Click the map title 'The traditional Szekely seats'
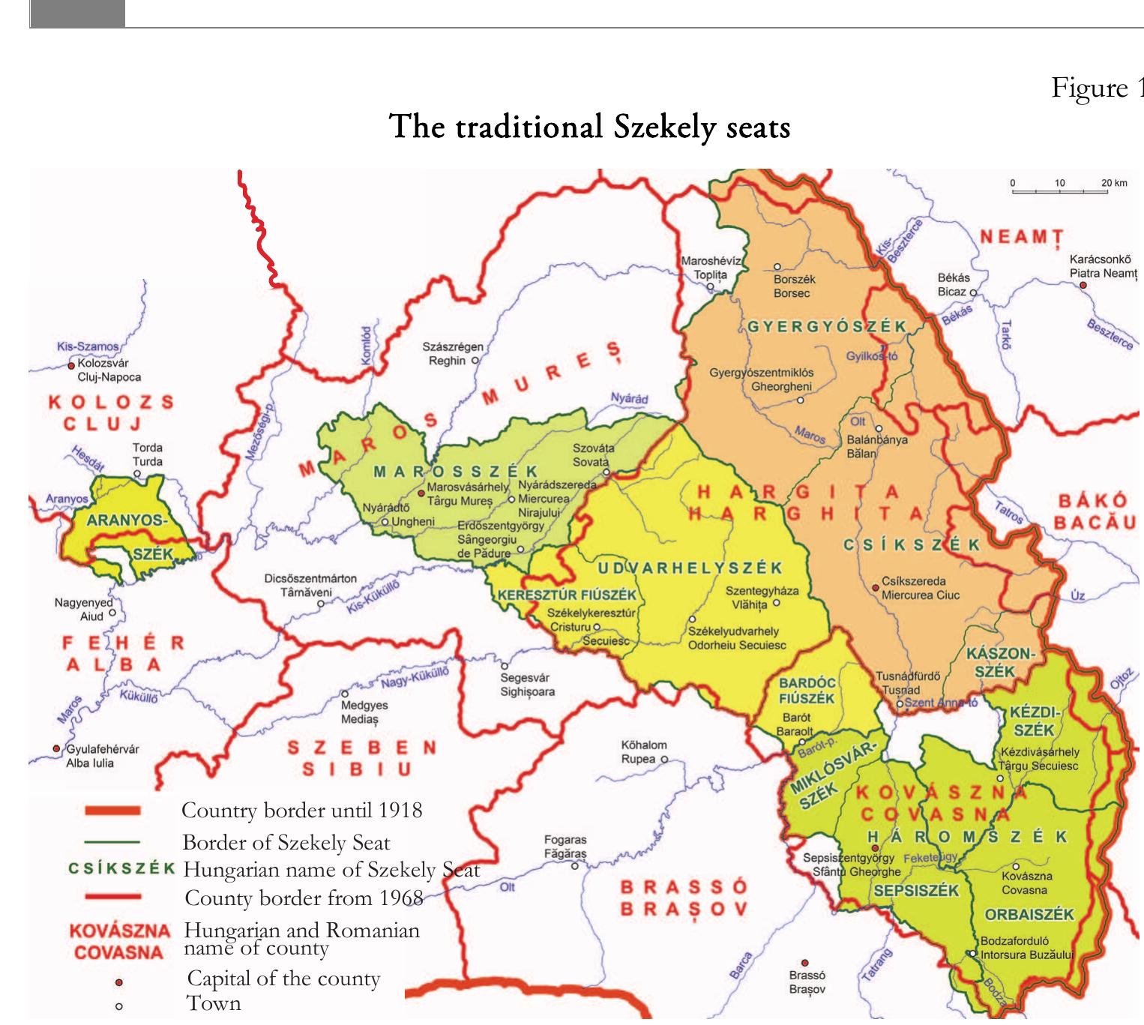tap(590, 127)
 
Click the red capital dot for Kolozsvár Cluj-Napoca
tap(72, 365)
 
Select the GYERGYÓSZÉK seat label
tap(827, 327)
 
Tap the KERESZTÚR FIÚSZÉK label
tap(567, 595)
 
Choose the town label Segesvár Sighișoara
tap(527, 685)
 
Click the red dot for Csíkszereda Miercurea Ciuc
tap(875, 588)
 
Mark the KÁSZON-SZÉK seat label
tap(999, 662)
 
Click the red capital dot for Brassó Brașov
tap(805, 963)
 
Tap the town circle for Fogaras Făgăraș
tap(575, 866)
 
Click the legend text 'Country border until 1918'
tap(301, 811)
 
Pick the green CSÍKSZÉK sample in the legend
tap(121, 869)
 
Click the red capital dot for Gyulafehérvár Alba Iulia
tap(56, 749)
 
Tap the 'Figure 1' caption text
tap(1097, 88)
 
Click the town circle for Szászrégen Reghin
tap(475, 361)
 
